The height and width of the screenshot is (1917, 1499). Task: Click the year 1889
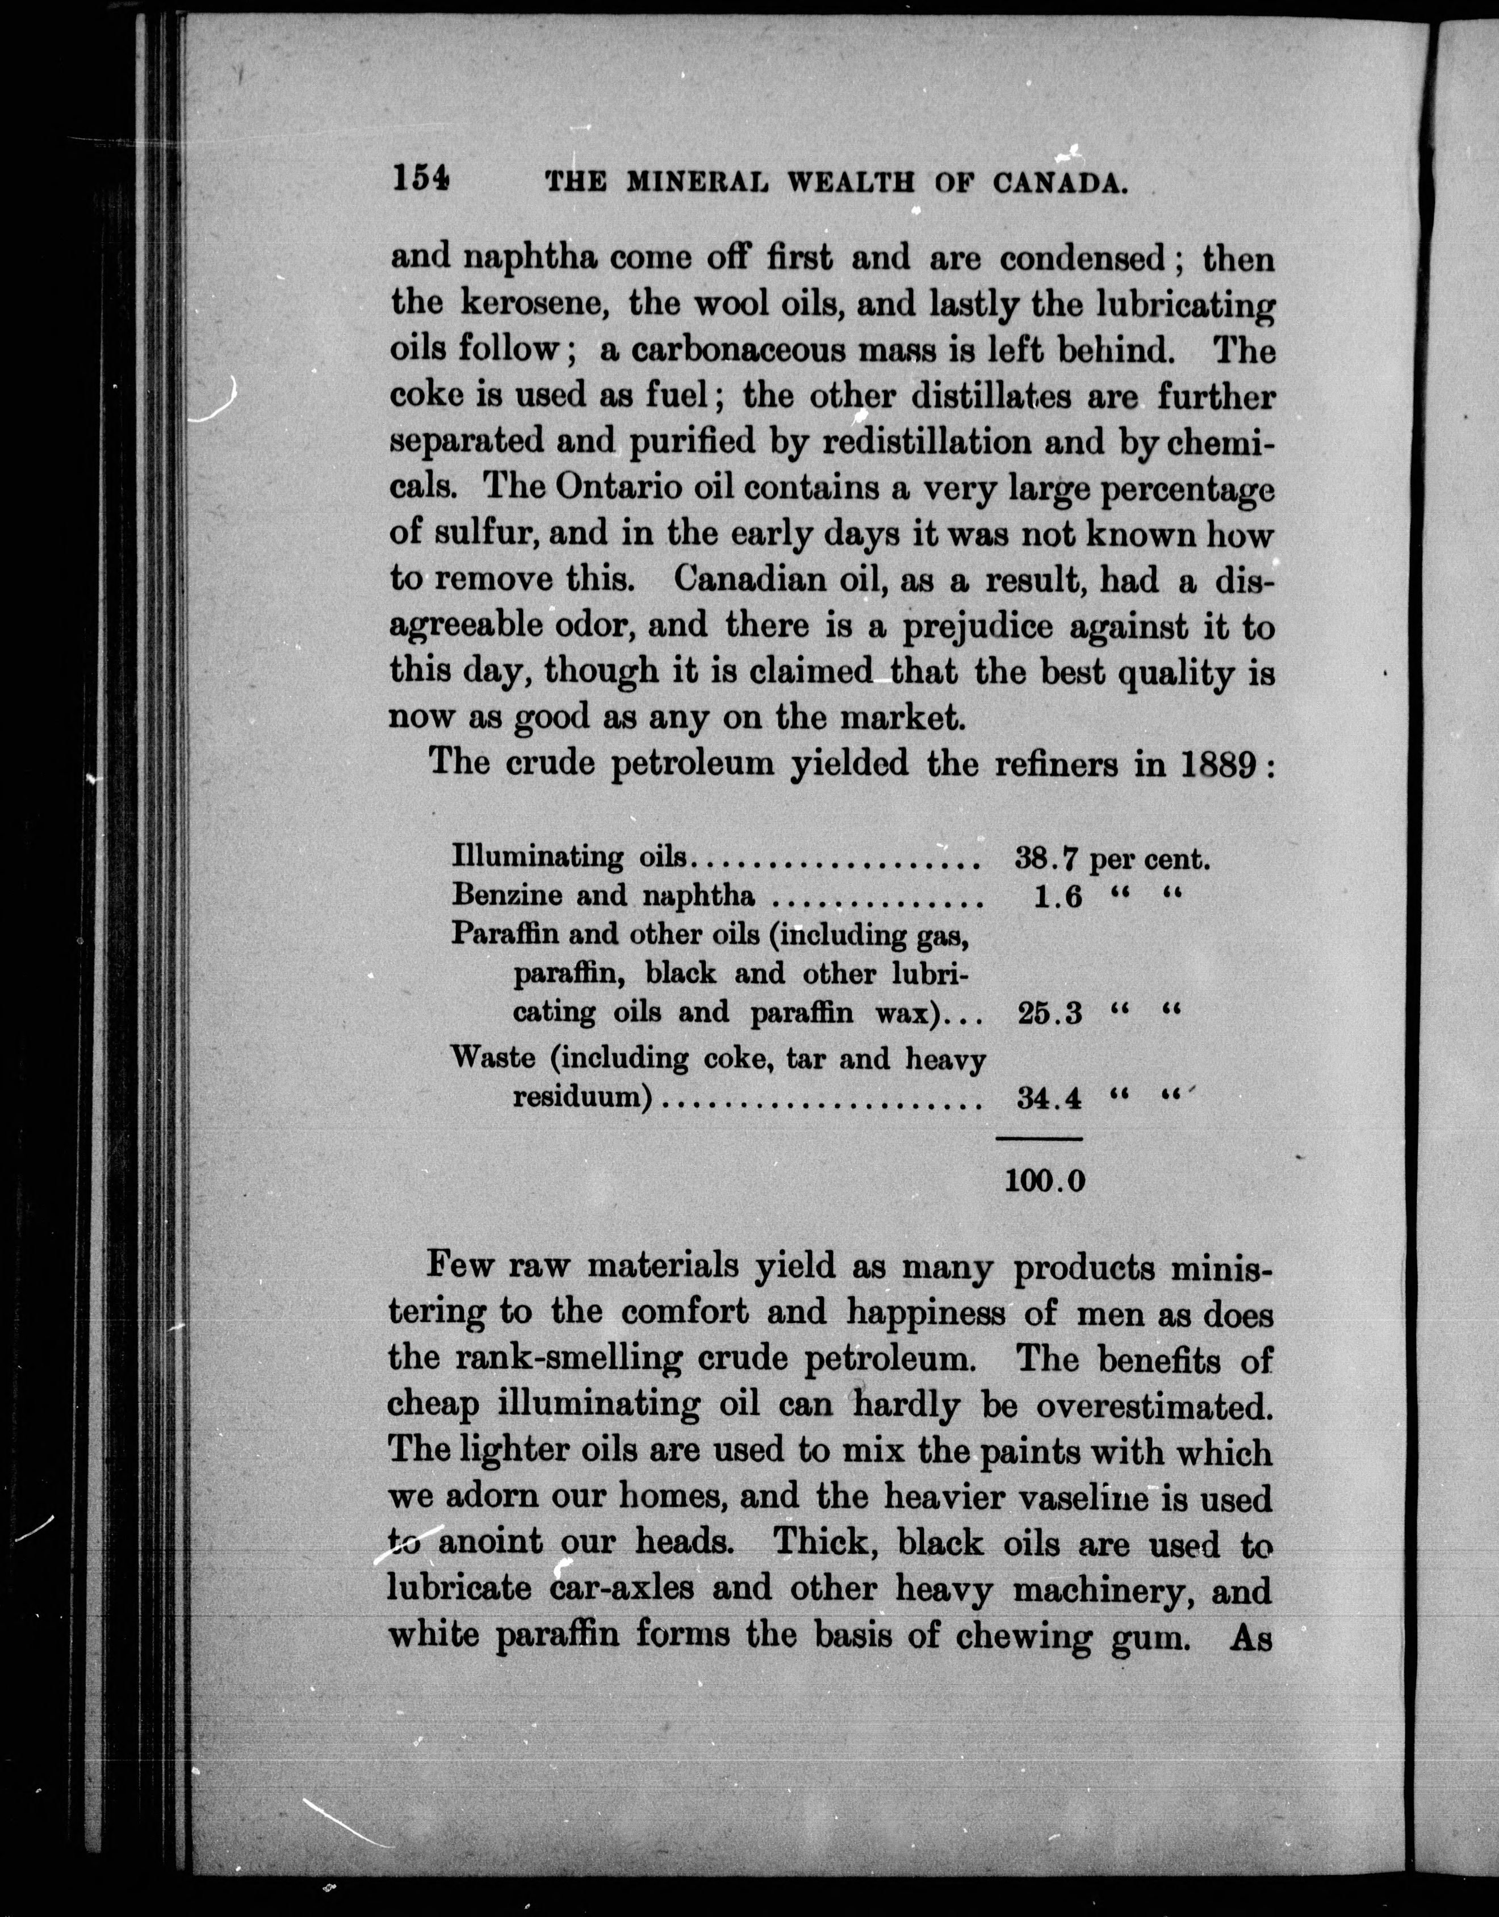point(1215,764)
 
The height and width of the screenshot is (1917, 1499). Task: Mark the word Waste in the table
point(492,1058)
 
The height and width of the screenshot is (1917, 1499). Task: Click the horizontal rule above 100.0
point(1039,1139)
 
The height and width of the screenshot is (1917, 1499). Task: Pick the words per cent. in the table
point(1150,859)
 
